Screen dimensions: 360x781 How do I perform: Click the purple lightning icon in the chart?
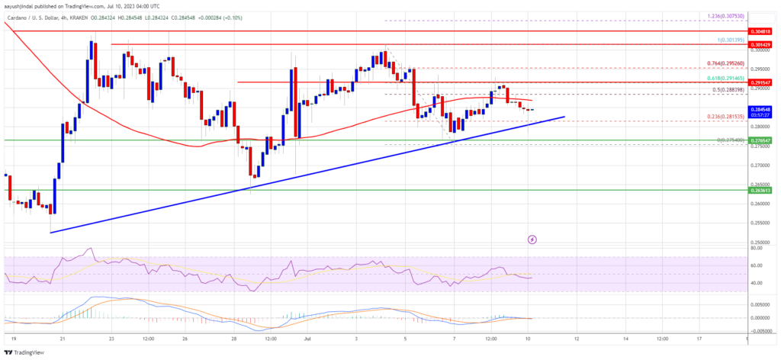pyautogui.click(x=532, y=239)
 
